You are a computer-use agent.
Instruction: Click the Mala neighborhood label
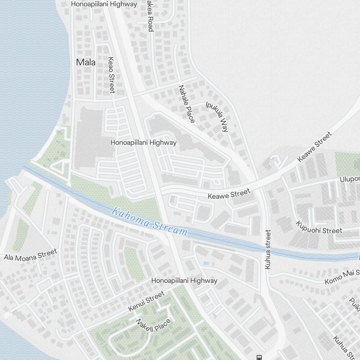[86, 62]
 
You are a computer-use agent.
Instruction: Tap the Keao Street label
[111, 75]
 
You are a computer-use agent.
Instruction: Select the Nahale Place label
[186, 104]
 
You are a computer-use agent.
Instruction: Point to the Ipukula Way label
[217, 117]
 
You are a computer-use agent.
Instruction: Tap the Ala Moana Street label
[31, 254]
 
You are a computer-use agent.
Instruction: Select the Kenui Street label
[146, 302]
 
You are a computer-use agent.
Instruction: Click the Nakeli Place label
[153, 325]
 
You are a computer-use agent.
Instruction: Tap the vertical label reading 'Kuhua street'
[267, 249]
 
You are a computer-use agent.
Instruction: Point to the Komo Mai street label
[342, 277]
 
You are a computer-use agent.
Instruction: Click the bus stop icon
[258, 357]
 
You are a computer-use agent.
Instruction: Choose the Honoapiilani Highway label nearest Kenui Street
[184, 280]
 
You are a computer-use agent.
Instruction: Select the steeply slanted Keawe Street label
[314, 147]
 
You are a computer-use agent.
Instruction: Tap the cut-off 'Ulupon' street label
[350, 179]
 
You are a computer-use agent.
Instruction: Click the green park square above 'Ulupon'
[347, 164]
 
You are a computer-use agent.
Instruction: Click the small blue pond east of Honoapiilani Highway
[206, 264]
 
